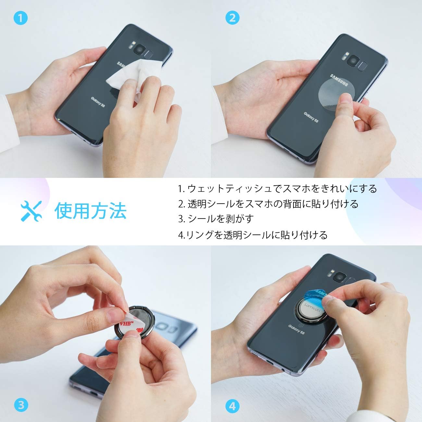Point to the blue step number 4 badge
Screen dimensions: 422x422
point(232,405)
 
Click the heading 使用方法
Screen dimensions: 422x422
point(90,211)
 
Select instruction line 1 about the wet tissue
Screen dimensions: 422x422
point(278,189)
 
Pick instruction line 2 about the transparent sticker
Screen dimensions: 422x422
point(268,204)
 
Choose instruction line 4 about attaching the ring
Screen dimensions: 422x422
point(253,235)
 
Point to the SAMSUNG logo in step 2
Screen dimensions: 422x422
point(339,81)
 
